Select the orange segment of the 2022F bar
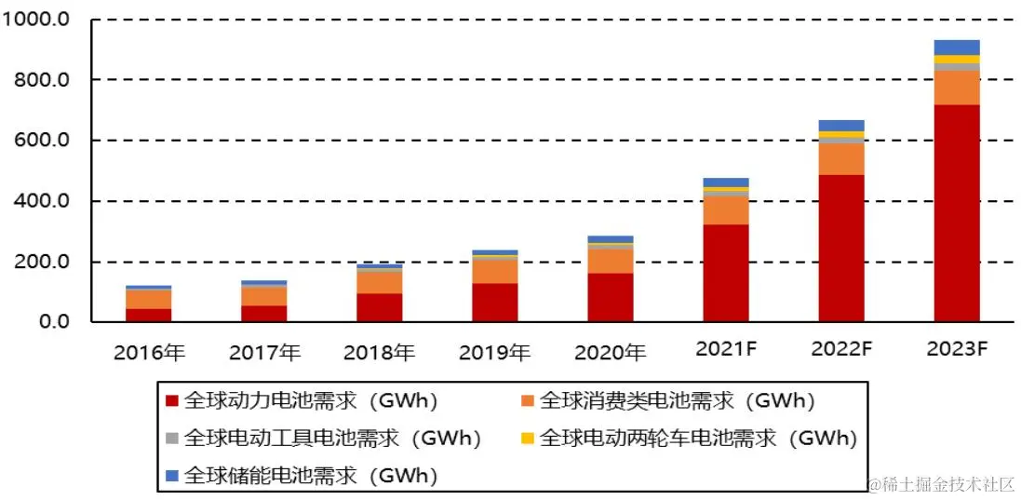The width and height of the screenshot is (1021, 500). tap(841, 158)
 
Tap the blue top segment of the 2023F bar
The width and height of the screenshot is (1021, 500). tap(956, 47)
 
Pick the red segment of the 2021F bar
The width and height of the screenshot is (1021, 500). tap(726, 273)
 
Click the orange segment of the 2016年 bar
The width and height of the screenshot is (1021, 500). tap(149, 299)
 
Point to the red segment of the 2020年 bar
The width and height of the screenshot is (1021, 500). tap(611, 297)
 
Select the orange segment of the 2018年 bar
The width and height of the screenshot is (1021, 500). tap(380, 282)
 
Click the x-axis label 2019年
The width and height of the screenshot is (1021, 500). tap(494, 353)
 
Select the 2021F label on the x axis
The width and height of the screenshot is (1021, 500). tap(726, 350)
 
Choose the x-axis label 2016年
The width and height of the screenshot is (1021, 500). tap(149, 353)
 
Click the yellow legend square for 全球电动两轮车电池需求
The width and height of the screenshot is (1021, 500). tap(526, 438)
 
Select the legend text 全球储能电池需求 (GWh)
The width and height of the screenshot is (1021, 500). tap(311, 475)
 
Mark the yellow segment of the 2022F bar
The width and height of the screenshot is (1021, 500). tap(841, 135)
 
